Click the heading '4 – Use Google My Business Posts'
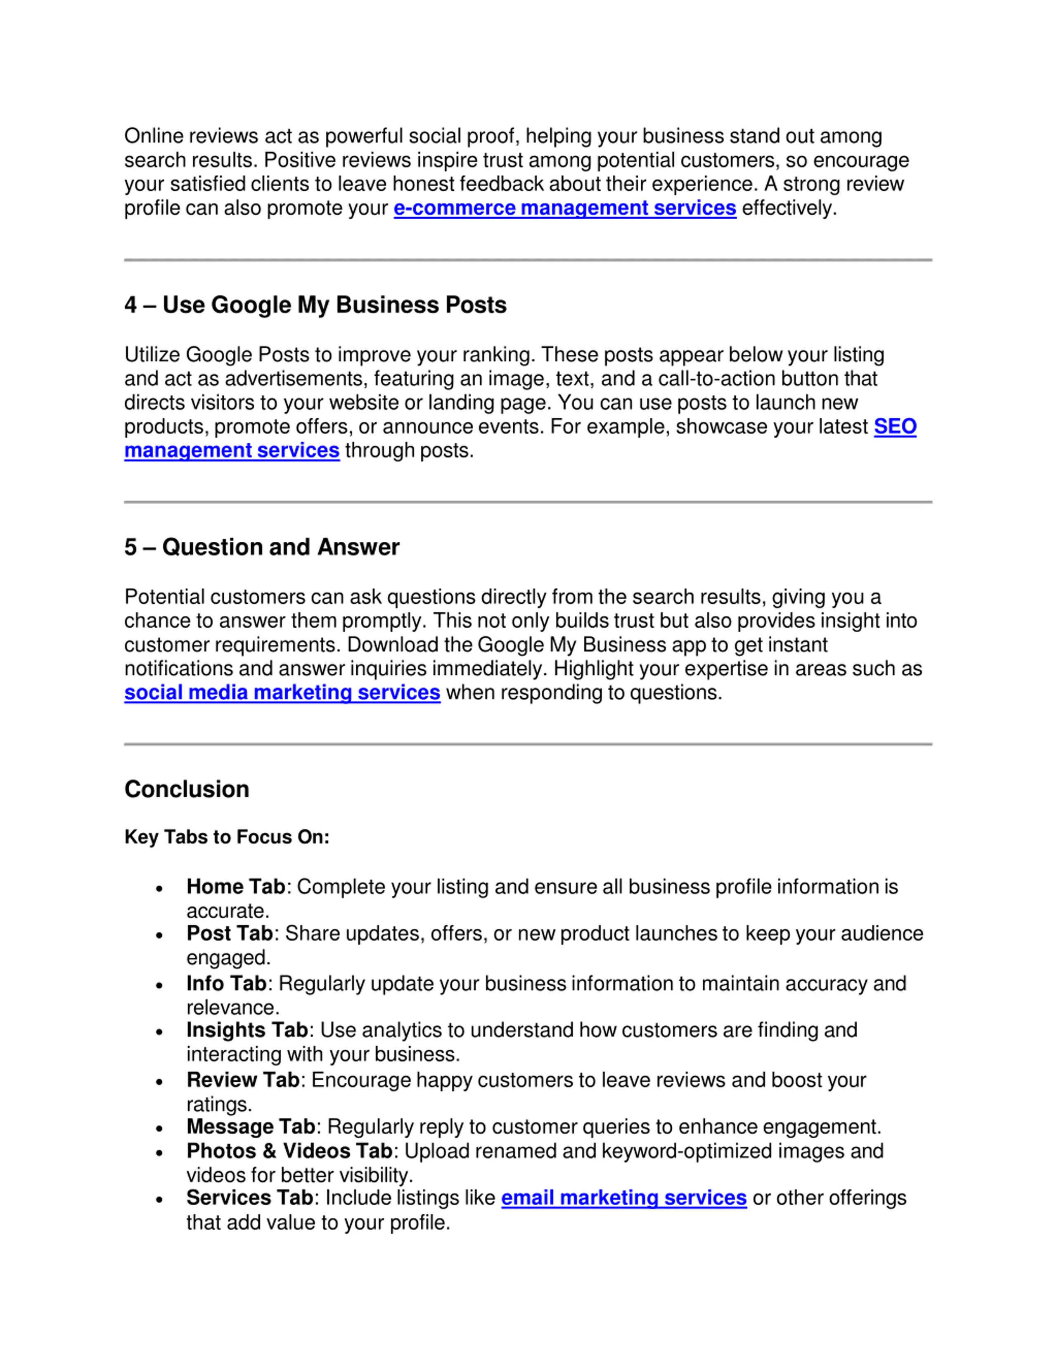click(315, 305)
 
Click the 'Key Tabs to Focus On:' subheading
click(227, 837)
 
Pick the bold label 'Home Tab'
click(235, 887)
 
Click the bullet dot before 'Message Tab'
click(160, 1128)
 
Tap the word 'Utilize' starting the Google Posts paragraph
click(152, 355)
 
